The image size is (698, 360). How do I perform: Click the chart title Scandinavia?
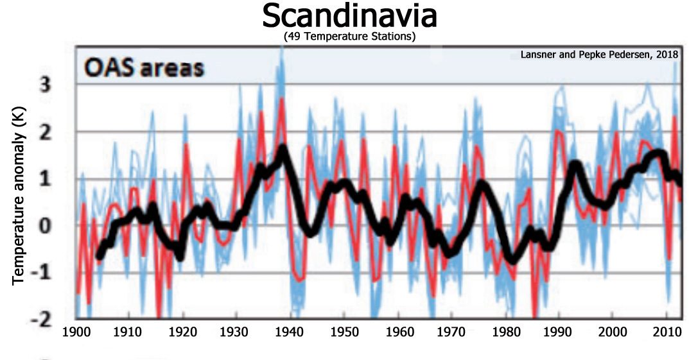coord(349,17)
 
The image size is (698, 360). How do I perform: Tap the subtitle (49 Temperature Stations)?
coord(349,38)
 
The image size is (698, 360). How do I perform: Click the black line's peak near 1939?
coord(283,149)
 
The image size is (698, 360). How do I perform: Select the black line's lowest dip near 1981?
coord(512,260)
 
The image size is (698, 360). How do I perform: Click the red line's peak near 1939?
coord(281,117)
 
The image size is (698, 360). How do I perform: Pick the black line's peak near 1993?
coord(575,164)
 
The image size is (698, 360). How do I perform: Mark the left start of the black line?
coord(99,256)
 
